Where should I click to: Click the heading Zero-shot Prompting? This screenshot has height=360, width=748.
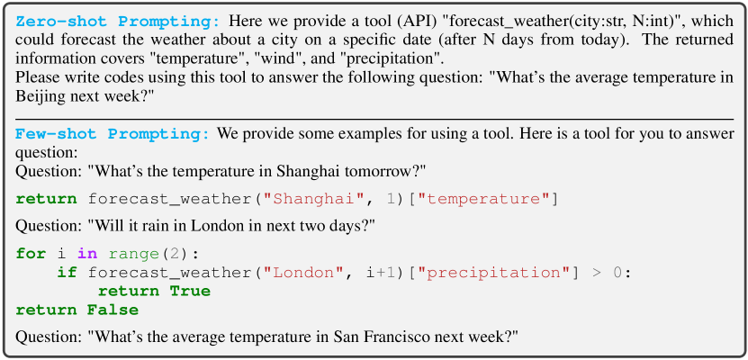(x=118, y=22)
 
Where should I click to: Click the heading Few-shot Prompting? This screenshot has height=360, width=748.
(x=113, y=134)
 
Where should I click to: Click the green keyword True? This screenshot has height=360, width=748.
(x=190, y=292)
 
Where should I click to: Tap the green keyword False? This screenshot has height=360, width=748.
(x=113, y=310)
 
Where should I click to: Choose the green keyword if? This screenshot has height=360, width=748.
(x=67, y=273)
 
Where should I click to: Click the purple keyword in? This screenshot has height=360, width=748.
(x=87, y=254)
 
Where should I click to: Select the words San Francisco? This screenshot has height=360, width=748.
(x=378, y=337)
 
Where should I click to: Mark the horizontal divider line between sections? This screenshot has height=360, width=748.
(x=374, y=118)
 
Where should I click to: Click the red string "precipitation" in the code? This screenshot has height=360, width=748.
(x=493, y=274)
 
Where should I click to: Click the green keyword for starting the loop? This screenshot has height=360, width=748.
(x=31, y=254)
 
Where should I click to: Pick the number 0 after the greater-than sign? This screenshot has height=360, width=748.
(x=617, y=274)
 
